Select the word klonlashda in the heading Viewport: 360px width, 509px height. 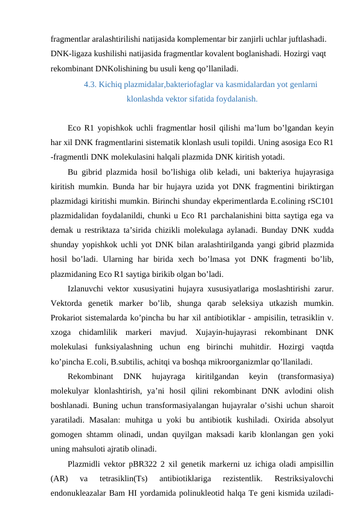click(x=145, y=98)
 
